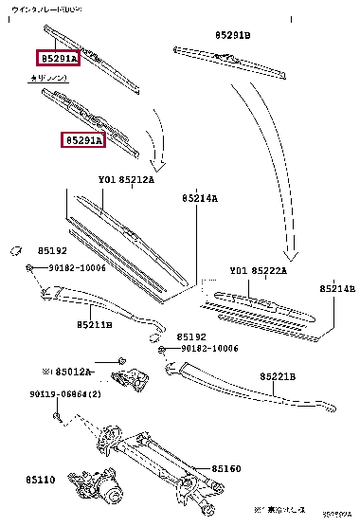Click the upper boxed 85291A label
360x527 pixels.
pyautogui.click(x=59, y=59)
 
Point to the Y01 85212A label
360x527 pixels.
pyautogui.click(x=126, y=180)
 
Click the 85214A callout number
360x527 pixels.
pyautogui.click(x=200, y=199)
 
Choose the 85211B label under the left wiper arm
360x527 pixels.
pyautogui.click(x=95, y=324)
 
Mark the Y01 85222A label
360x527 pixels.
pyautogui.click(x=258, y=271)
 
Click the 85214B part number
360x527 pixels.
pyautogui.click(x=336, y=288)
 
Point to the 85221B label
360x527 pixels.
pyautogui.click(x=279, y=376)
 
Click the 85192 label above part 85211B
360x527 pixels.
pyautogui.click(x=53, y=251)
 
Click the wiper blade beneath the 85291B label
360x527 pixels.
pyautogui.click(x=232, y=63)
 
